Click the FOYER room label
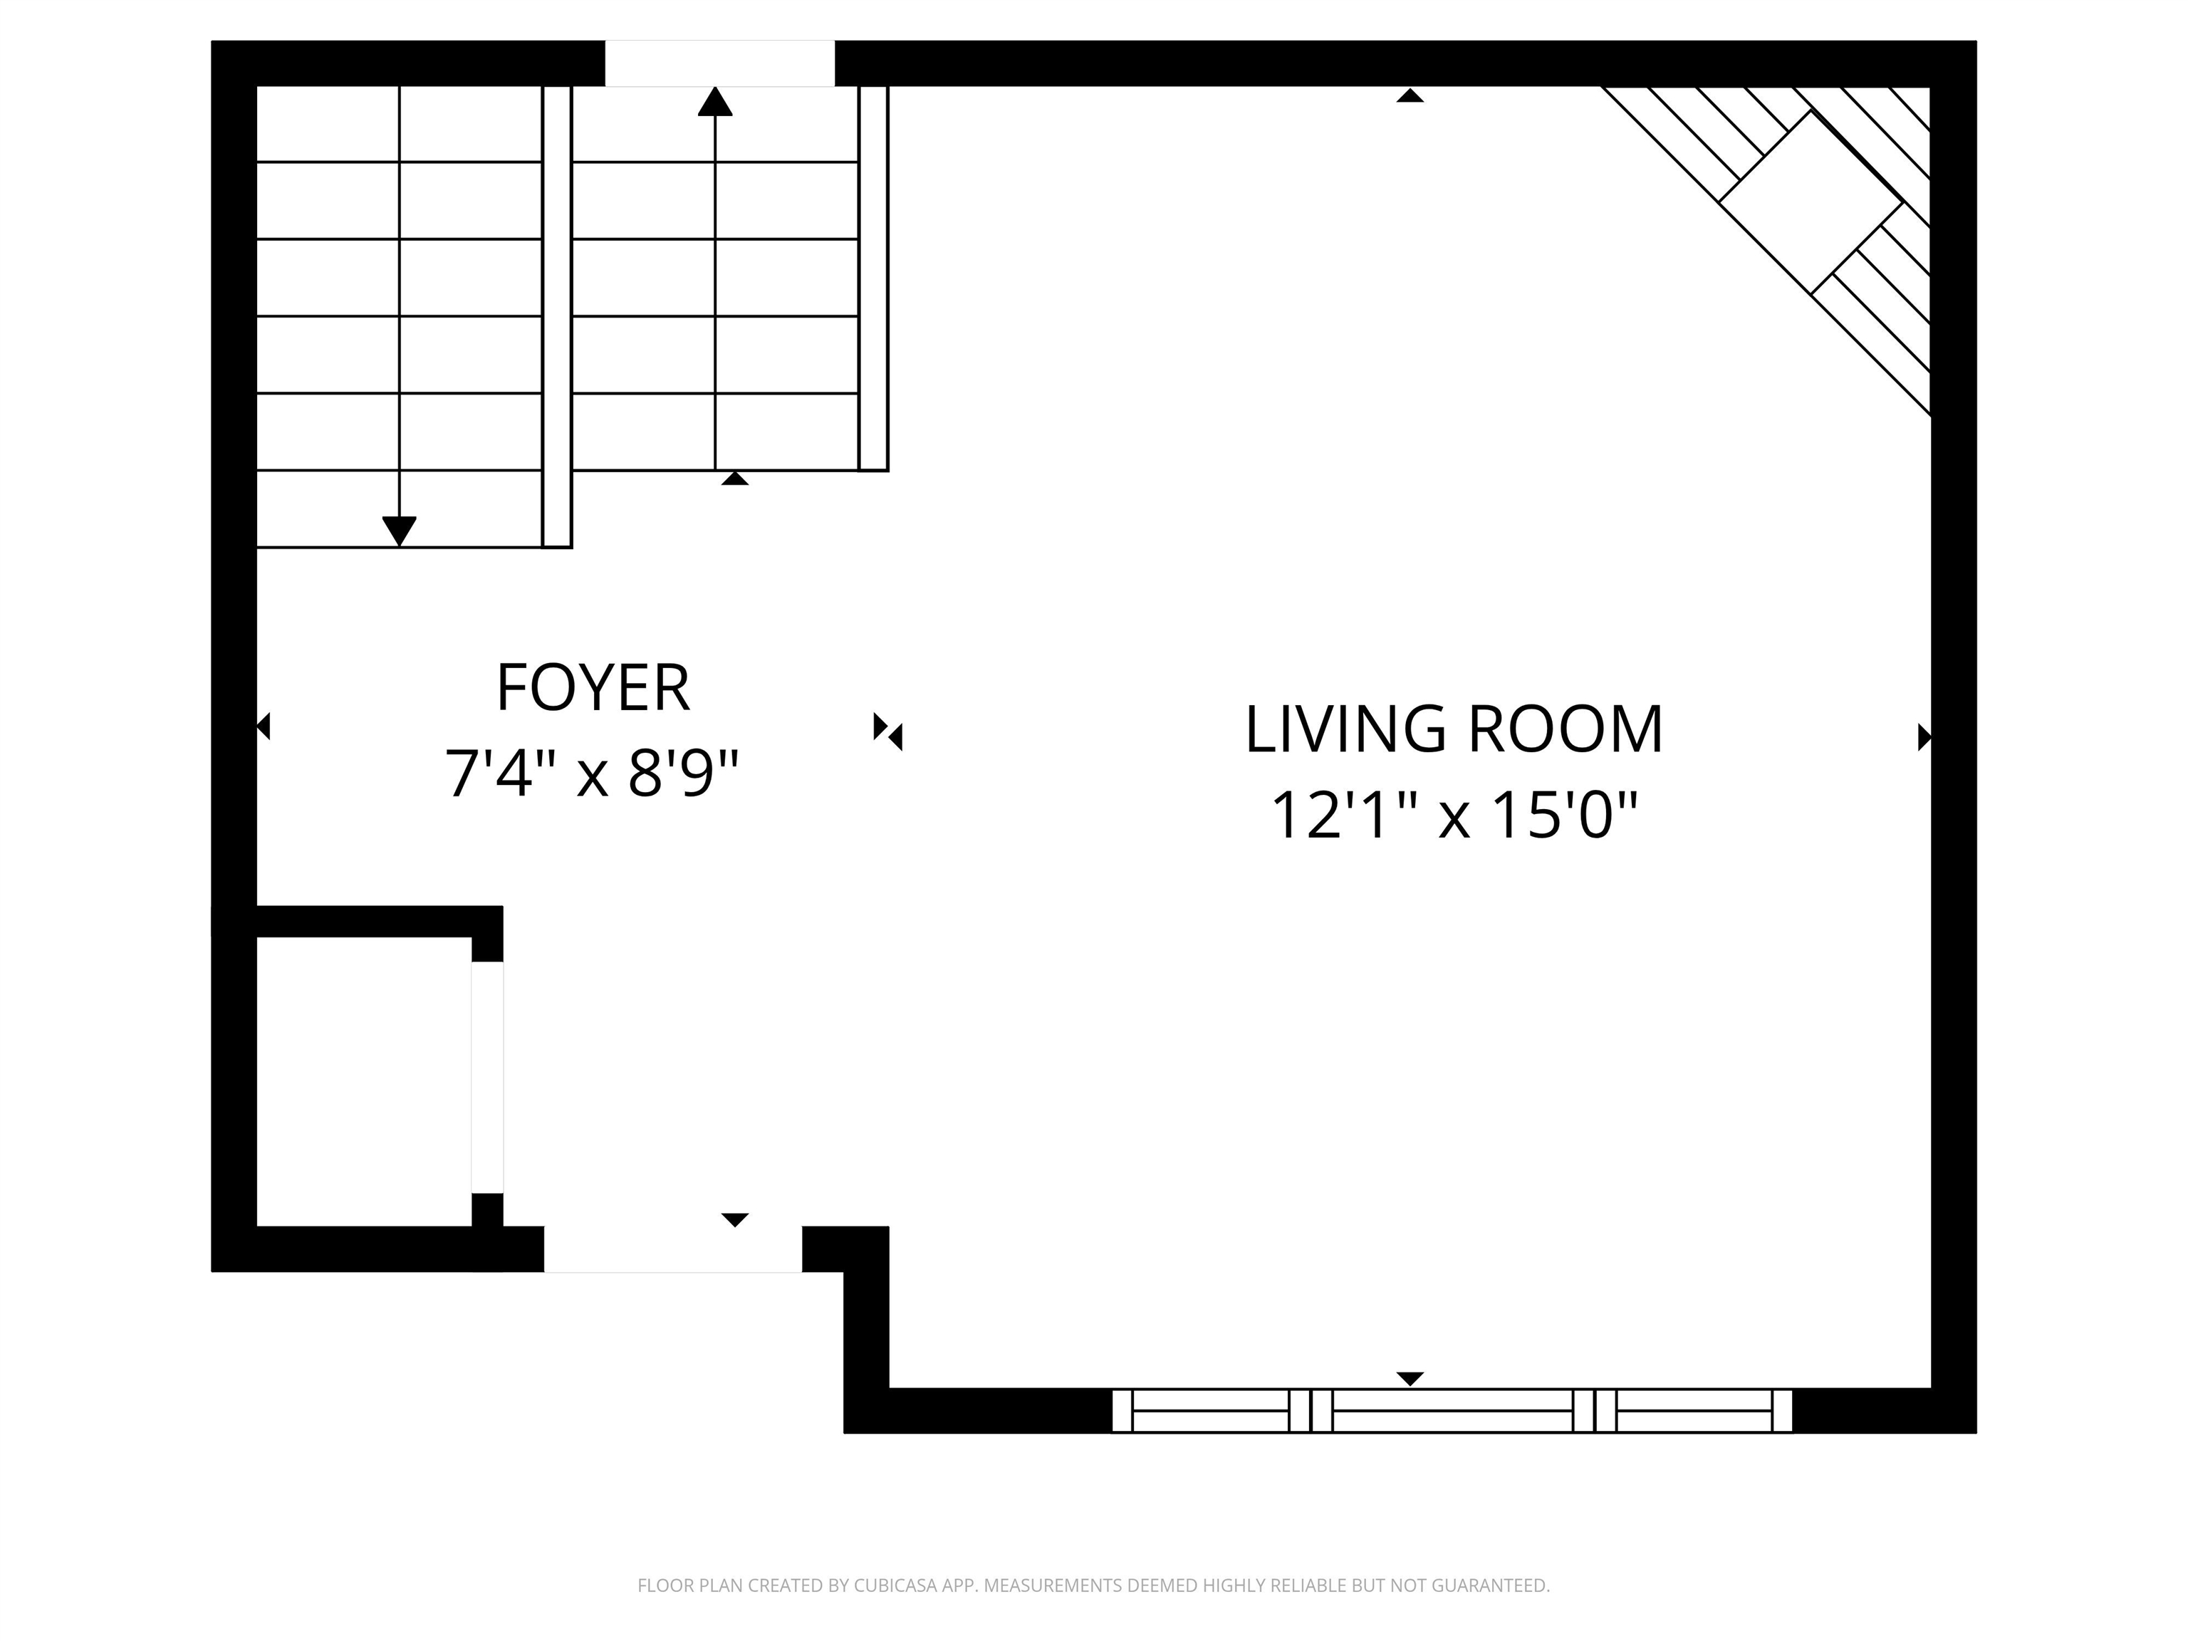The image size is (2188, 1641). point(593,689)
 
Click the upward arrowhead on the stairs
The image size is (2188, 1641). point(715,101)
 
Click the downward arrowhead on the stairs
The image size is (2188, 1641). point(399,532)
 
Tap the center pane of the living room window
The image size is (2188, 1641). point(1452,1410)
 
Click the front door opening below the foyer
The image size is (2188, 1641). point(672,1249)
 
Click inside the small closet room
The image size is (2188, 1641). point(363,1081)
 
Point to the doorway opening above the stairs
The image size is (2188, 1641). point(720,63)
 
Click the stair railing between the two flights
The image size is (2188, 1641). point(557,316)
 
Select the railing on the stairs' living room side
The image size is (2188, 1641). point(873,278)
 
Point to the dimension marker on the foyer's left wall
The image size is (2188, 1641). point(263,727)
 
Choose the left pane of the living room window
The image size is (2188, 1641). point(1211,1410)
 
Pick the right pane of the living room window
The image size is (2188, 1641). point(1694,1410)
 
